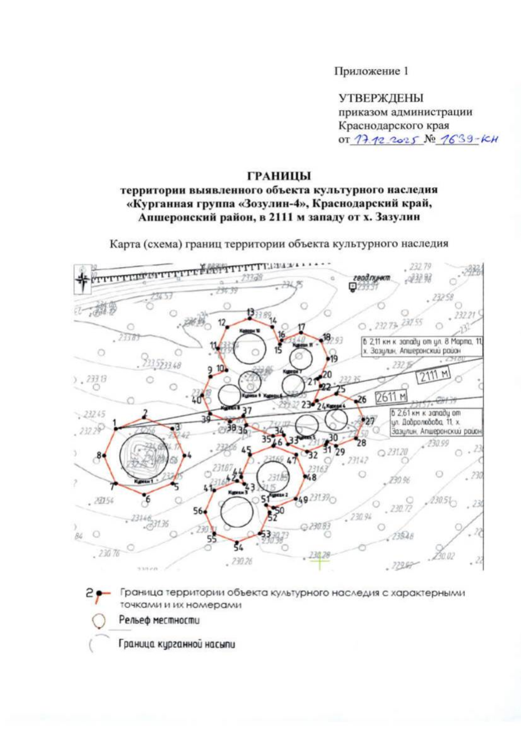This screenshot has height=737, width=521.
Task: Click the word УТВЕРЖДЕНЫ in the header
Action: tap(381, 98)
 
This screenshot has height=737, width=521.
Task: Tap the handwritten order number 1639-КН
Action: tap(467, 139)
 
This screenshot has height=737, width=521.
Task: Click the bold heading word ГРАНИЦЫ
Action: tap(279, 176)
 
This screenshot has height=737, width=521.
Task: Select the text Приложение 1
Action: tap(371, 71)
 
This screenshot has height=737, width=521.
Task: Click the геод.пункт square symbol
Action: tap(353, 286)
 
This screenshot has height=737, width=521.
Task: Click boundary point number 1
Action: tap(115, 429)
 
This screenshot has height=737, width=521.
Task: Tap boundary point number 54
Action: tap(236, 542)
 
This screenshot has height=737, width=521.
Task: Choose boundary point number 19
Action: tap(329, 359)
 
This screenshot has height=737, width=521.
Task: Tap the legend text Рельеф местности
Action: tap(159, 620)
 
